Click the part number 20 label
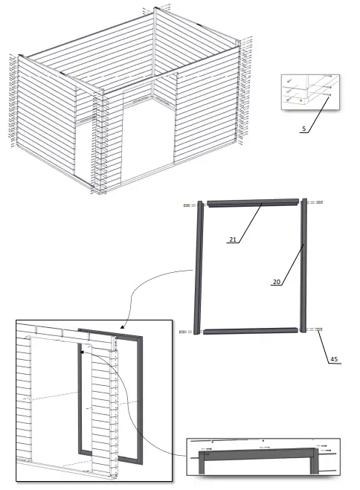point(276,283)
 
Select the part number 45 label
point(334,359)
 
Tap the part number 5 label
point(303,129)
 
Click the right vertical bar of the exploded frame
point(303,266)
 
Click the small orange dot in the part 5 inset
point(299,97)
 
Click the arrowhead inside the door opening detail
point(83,354)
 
